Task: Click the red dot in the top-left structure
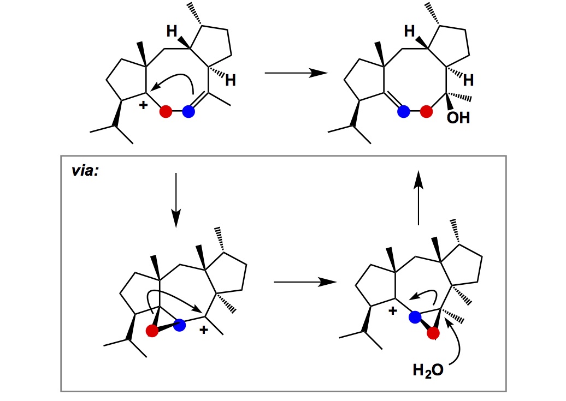166,112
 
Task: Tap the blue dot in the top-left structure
188,112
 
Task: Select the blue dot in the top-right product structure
404,112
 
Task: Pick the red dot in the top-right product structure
427,112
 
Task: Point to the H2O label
428,372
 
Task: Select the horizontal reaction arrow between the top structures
295,73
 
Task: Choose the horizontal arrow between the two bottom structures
303,282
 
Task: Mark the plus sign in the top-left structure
143,105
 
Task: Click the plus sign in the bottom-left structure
203,330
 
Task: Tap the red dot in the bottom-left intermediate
152,331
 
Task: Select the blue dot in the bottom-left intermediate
180,325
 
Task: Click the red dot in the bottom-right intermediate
434,334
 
